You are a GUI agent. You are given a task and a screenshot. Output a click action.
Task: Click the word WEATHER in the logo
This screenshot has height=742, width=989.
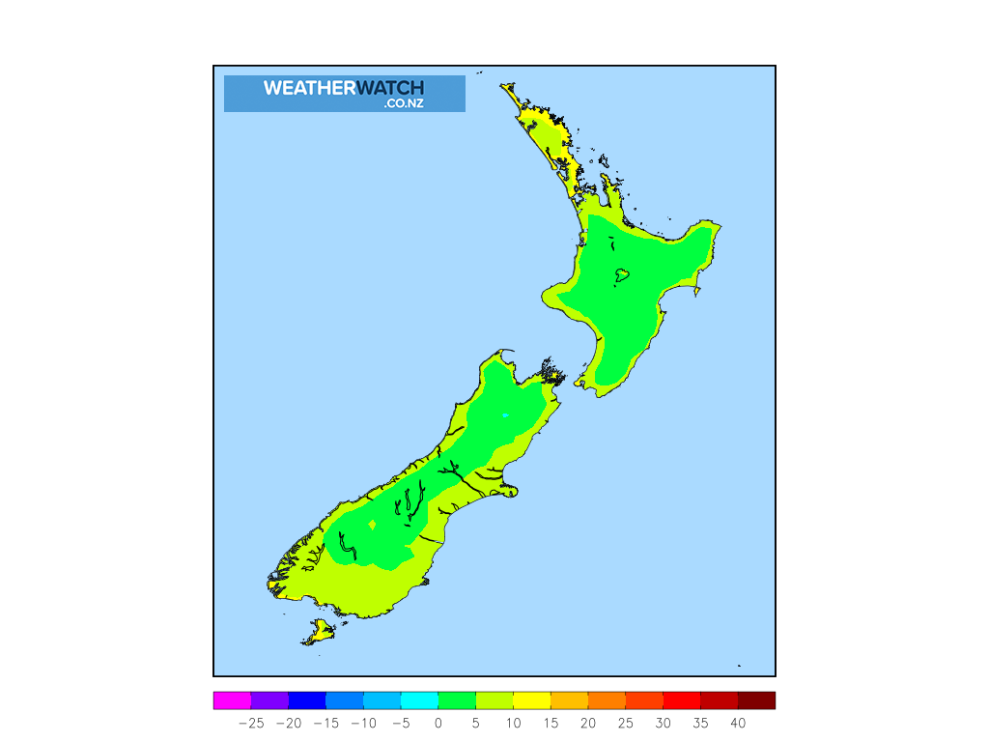click(x=309, y=88)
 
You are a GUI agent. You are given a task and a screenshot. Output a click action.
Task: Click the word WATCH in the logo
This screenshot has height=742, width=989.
click(x=390, y=88)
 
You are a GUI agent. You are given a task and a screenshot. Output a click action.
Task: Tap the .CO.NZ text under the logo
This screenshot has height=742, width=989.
click(x=403, y=103)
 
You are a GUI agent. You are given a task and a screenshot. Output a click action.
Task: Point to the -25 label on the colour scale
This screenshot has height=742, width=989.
click(x=250, y=723)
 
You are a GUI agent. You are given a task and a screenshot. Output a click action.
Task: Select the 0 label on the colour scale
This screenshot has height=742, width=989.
click(x=438, y=723)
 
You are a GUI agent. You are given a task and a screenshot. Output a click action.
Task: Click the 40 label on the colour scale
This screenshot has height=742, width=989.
click(x=738, y=723)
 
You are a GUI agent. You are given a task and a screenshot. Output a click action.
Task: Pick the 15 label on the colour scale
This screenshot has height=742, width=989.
click(x=550, y=723)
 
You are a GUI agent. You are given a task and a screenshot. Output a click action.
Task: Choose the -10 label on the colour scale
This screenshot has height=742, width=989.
click(x=362, y=723)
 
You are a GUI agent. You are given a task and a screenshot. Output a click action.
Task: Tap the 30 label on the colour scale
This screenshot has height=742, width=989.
click(x=663, y=723)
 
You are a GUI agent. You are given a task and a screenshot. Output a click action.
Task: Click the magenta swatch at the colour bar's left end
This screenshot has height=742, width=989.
click(x=232, y=700)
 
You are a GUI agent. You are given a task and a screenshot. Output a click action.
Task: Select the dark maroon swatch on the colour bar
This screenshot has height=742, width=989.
click(x=756, y=700)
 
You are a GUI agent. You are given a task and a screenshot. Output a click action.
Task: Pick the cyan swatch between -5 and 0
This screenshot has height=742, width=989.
click(x=419, y=700)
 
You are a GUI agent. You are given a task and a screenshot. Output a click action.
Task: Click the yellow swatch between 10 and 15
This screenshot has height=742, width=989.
click(x=531, y=700)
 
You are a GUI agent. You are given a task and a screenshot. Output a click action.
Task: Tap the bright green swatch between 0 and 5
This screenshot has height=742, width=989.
click(x=457, y=700)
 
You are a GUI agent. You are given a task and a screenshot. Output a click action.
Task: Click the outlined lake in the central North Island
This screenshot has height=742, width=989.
click(x=621, y=275)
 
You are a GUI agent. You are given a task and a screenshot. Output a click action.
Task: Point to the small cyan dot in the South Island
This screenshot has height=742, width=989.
click(x=504, y=415)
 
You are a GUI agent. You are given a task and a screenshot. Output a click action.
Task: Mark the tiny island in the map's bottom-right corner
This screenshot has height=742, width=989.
click(x=739, y=665)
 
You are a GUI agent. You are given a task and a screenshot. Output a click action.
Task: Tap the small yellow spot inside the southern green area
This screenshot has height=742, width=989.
click(x=373, y=525)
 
